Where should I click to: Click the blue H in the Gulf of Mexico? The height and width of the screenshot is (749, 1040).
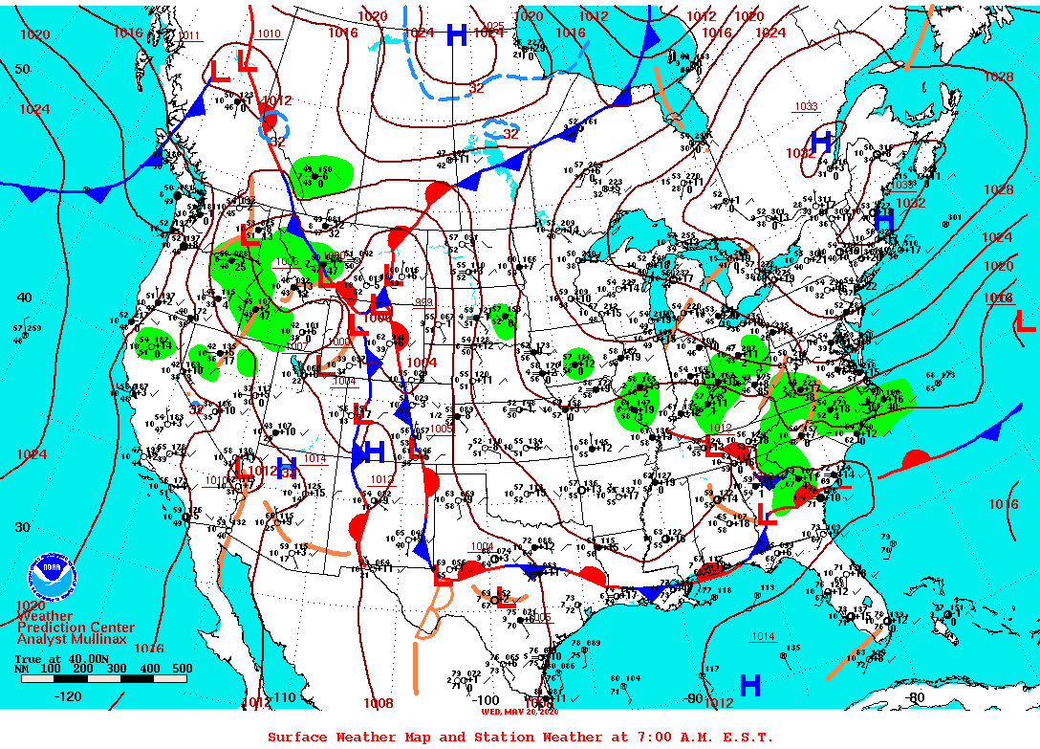tap(750, 684)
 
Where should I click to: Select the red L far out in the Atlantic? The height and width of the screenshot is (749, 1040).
tap(1024, 321)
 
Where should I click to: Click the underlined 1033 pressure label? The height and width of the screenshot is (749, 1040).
tap(806, 106)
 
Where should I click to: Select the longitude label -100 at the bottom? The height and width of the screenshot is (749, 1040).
tap(487, 700)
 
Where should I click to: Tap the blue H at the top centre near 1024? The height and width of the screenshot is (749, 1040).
tap(457, 34)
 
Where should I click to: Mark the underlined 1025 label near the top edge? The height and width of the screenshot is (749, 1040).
tap(494, 26)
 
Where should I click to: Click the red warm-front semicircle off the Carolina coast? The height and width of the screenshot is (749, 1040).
tap(916, 457)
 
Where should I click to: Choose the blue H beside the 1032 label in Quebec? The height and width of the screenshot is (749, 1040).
tap(822, 141)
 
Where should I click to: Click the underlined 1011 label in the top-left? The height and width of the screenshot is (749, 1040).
tap(190, 36)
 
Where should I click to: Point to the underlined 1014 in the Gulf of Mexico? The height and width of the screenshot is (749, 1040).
tap(763, 636)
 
